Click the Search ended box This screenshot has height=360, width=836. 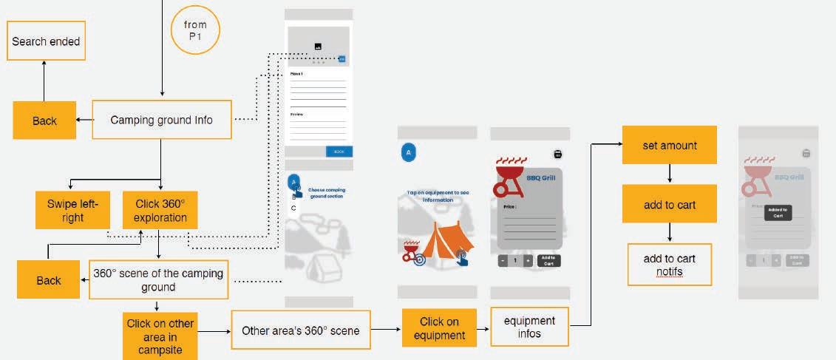point(46,41)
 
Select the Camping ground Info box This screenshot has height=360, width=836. point(161,120)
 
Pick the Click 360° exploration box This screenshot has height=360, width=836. point(160,210)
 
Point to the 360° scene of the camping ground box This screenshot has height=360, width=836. point(158,279)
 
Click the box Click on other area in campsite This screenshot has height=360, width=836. point(160,336)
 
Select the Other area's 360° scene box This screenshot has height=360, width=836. point(300,330)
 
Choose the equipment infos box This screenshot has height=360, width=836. point(529,327)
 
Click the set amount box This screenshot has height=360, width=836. point(669,146)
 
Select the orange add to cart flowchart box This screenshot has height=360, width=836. point(669,204)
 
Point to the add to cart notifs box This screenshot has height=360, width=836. point(669,265)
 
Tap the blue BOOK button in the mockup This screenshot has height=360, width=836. point(339,152)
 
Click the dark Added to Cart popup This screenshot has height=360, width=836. point(778,212)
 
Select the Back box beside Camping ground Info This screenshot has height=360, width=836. point(44,120)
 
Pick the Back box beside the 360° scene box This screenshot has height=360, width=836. point(49,280)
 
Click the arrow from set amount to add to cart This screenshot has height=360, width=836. point(669,174)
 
